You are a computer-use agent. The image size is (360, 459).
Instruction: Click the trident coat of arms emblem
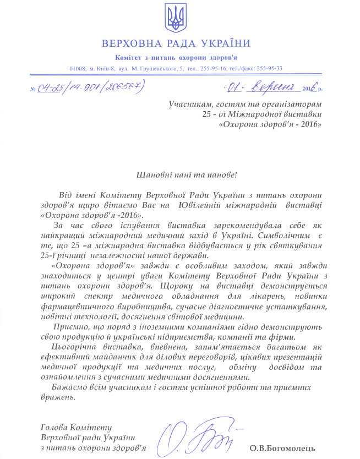tap(176, 19)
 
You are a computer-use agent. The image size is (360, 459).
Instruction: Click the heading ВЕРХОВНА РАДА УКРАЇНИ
tap(176, 43)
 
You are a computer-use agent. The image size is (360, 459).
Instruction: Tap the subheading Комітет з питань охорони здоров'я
tap(176, 58)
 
